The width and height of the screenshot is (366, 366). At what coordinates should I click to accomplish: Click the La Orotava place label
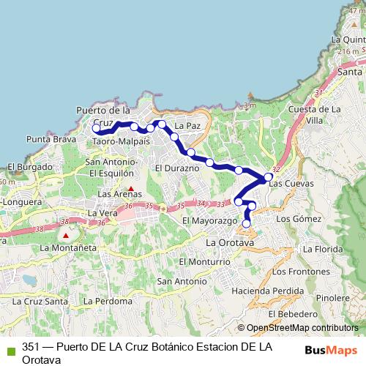click(230, 242)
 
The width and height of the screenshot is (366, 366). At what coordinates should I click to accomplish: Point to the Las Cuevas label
click(291, 184)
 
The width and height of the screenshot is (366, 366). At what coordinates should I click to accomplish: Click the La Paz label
click(187, 126)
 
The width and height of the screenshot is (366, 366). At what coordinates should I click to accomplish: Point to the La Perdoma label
click(108, 301)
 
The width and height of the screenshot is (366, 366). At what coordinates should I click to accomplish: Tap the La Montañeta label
click(68, 247)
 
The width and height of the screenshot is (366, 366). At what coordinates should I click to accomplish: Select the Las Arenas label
click(115, 194)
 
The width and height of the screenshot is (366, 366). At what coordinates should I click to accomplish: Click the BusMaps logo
click(331, 350)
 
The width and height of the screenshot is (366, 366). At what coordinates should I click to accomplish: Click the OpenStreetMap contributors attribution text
click(297, 328)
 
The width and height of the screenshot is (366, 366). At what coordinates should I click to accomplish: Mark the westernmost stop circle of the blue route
click(96, 128)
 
